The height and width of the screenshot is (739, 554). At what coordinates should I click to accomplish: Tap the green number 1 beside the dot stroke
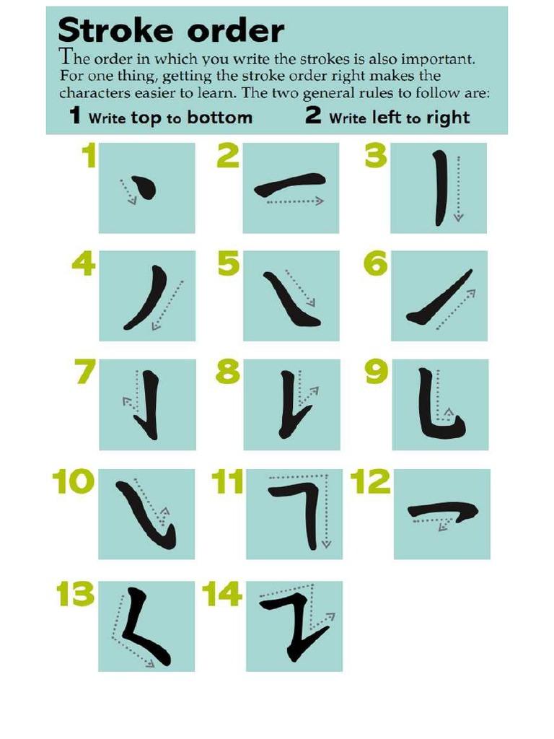[x=88, y=156]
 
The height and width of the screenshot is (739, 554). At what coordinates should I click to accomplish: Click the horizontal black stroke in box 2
[x=290, y=185]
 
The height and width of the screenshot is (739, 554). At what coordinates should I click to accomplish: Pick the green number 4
[x=84, y=265]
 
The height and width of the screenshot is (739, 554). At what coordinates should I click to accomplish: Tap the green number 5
[x=228, y=265]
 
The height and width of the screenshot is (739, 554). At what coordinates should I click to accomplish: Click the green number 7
[x=85, y=372]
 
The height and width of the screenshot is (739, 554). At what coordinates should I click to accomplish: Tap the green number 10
[x=74, y=482]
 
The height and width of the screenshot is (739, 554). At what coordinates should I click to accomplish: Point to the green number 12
[x=370, y=482]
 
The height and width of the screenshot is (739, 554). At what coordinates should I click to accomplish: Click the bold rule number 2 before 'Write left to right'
[x=313, y=115]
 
